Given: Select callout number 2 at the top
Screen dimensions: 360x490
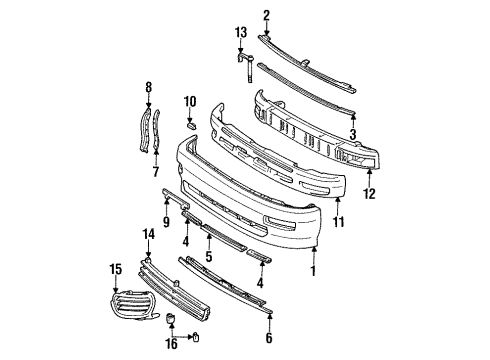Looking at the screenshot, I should (267, 14).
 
